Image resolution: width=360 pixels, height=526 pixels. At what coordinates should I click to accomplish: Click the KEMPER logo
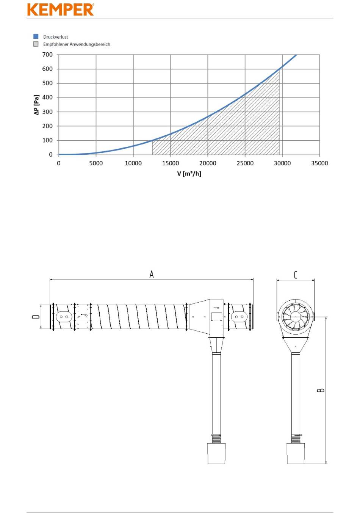click(x=61, y=9)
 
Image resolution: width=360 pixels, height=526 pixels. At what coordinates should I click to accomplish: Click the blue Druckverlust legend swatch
click(x=36, y=36)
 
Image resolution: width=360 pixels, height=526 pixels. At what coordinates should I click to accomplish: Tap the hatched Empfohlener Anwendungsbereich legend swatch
click(x=36, y=44)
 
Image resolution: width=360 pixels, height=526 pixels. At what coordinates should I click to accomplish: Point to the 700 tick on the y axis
click(x=47, y=55)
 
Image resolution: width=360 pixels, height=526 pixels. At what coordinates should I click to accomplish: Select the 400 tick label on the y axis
click(x=47, y=97)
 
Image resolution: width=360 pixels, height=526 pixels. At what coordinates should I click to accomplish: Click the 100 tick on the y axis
click(x=47, y=140)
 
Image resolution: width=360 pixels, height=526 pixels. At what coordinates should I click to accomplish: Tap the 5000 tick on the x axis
click(x=96, y=163)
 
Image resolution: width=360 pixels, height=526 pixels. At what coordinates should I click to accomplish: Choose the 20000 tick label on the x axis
click(x=208, y=163)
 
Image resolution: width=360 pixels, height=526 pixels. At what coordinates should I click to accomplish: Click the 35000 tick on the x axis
click(x=319, y=163)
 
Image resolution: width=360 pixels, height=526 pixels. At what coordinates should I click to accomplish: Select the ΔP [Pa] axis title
click(x=36, y=105)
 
